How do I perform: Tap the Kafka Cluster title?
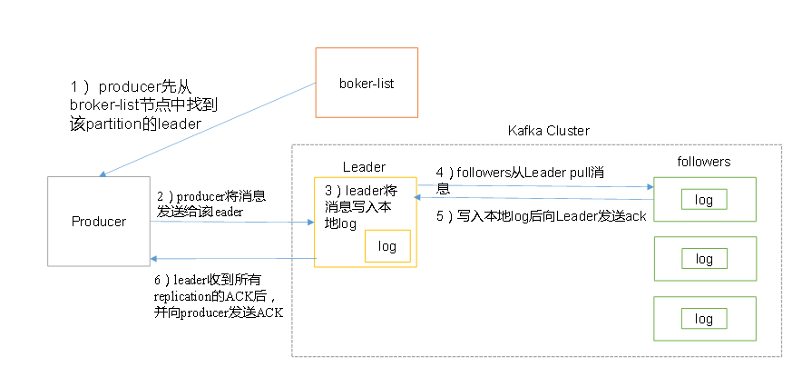pos(548,131)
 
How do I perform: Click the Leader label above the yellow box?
pos(364,167)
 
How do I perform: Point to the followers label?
pos(703,162)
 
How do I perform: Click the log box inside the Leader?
pos(387,246)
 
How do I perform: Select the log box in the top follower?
pos(704,199)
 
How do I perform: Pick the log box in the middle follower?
pos(704,259)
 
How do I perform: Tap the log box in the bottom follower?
pos(704,319)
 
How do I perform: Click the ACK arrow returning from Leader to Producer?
pos(231,259)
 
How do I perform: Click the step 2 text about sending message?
pos(210,203)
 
